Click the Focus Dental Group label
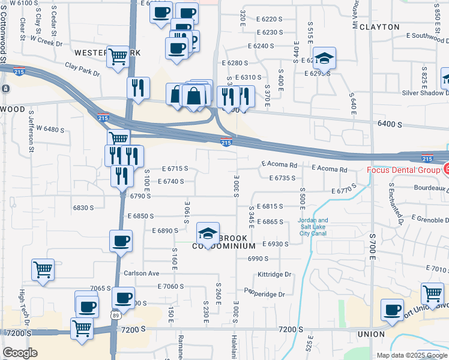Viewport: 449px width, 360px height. click(404, 170)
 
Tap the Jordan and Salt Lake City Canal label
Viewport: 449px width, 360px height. click(313, 227)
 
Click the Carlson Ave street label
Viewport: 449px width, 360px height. click(141, 273)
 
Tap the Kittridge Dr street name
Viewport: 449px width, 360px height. click(274, 274)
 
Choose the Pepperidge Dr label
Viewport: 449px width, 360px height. click(268, 293)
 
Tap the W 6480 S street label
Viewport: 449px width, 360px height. click(50, 129)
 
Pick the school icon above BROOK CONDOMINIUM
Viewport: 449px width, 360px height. click(207, 232)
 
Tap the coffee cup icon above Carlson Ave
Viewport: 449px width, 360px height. click(121, 241)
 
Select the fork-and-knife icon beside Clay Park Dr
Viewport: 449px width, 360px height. click(138, 88)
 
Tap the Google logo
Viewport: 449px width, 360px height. click(20, 353)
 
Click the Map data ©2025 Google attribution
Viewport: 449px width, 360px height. click(411, 355)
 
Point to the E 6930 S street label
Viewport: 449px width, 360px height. click(275, 244)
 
